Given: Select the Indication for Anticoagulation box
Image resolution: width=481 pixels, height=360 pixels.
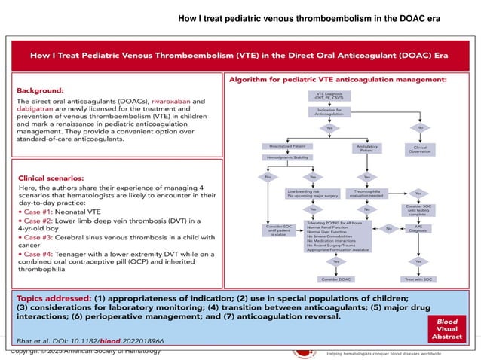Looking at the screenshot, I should (326, 113).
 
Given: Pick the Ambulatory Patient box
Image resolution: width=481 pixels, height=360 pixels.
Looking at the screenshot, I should (367, 149).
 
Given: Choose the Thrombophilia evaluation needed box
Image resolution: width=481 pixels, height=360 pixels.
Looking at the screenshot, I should (367, 194).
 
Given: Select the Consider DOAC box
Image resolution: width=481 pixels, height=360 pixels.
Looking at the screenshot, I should (326, 279).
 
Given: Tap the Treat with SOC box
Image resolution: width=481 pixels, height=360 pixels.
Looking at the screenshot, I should (419, 279).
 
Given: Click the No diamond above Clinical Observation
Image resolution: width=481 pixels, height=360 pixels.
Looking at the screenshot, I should (419, 128).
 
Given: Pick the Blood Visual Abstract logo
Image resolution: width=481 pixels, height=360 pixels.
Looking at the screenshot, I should (450, 330).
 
